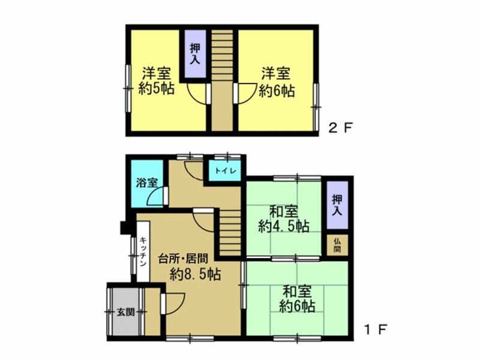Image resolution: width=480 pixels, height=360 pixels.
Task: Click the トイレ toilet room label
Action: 226,171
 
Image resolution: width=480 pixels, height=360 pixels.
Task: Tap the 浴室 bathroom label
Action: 147,183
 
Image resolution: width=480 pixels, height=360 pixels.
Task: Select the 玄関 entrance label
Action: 126,312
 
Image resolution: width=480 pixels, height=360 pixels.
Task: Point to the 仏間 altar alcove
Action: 337,245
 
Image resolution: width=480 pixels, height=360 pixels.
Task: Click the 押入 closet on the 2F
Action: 195,54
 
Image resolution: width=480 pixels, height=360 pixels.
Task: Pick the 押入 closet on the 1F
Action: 337,205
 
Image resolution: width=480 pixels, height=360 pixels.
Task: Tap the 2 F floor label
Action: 341,127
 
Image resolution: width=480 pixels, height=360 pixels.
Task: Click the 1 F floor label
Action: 376,329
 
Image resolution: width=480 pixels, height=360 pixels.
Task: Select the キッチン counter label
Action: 143,251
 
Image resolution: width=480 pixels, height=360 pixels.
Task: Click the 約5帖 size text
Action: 157,89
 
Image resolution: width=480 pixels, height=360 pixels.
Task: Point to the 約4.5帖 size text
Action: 283,227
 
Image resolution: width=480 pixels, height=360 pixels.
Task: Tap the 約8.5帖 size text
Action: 196,274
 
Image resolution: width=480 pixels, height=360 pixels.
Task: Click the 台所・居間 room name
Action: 183,259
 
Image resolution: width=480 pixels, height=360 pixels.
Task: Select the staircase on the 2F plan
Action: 222,80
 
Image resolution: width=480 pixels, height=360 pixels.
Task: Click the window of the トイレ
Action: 227,157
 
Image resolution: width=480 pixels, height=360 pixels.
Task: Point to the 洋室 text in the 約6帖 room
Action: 275,74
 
